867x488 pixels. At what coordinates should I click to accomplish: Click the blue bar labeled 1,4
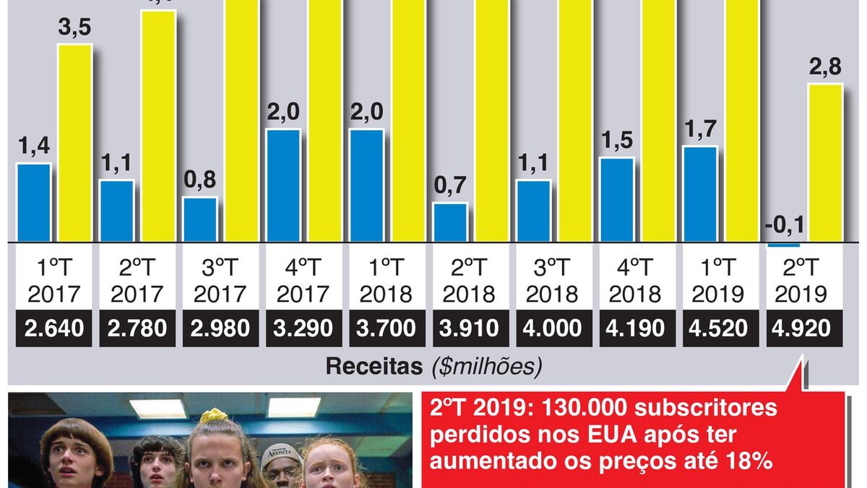coord(34,202)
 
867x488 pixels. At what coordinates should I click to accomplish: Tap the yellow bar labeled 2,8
coord(825,162)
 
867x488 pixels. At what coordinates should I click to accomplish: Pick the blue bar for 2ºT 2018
coord(449,222)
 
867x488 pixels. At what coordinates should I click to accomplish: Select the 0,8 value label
coord(199,180)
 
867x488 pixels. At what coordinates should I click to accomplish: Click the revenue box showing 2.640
coord(54,328)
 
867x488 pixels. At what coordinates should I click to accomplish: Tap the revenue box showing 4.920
coord(803,328)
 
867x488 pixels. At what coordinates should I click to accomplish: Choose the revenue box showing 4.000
coord(552,328)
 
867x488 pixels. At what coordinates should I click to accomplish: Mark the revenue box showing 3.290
coord(303,328)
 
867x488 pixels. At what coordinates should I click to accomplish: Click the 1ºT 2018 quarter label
coord(387,282)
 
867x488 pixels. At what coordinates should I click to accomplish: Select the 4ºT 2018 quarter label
coord(636,282)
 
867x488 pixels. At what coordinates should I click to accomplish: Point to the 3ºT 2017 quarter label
coord(220,282)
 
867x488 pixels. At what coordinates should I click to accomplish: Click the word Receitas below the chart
coord(374,367)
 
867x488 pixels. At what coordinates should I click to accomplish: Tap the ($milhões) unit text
coord(486,367)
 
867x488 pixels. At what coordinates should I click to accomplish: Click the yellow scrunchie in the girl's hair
coord(214,416)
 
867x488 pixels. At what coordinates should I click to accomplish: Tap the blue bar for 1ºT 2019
coord(700,193)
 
